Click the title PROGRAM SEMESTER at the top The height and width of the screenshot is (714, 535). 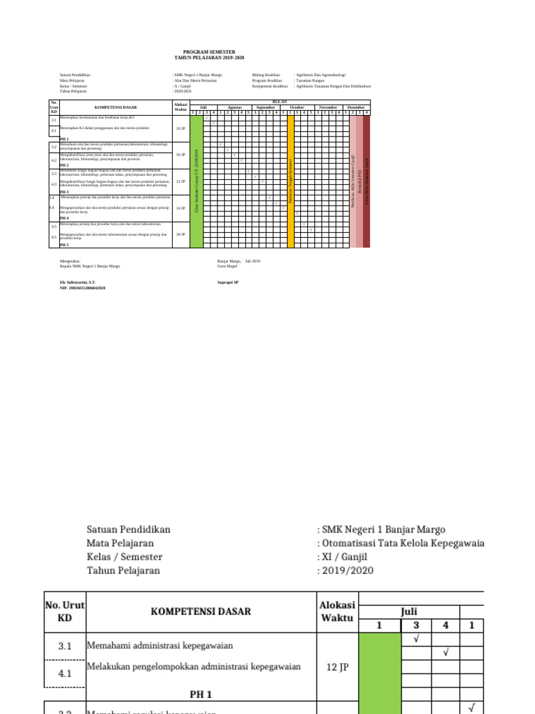[209, 52]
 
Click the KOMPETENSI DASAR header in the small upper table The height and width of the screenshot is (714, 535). [115, 107]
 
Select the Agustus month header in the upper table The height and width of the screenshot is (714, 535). [234, 107]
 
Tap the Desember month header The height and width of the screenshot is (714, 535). [355, 107]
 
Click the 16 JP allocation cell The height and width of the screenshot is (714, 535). [180, 155]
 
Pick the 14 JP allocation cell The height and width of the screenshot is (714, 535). [180, 208]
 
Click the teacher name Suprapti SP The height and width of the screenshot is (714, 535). [228, 282]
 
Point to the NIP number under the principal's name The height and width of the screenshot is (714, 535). [82, 287]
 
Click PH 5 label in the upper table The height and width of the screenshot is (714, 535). [64, 245]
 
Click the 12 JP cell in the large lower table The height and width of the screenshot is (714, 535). [337, 667]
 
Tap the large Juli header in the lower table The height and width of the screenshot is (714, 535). [409, 611]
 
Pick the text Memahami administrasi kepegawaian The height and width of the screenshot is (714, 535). [159, 646]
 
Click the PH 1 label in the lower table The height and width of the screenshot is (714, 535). [201, 694]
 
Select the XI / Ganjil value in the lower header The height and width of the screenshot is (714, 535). [344, 556]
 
